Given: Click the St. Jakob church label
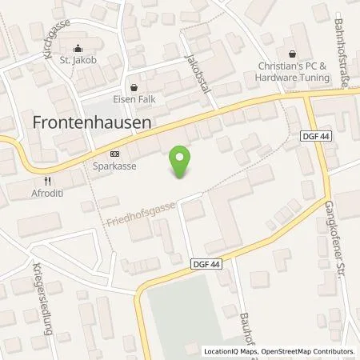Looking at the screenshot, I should pos(78,59).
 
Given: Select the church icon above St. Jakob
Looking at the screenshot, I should pos(78,47).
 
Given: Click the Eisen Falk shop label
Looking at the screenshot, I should pos(133,99).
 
